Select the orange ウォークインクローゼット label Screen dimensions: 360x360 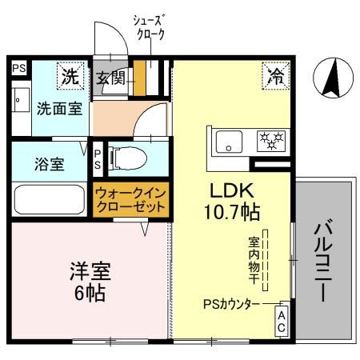coord(130,199)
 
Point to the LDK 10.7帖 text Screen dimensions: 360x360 coord(232,202)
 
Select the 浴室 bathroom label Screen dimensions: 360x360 coord(49,165)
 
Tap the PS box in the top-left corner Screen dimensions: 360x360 coord(18,69)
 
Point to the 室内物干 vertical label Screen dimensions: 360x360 coord(254,256)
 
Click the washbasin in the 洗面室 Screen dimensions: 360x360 coord(18,103)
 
